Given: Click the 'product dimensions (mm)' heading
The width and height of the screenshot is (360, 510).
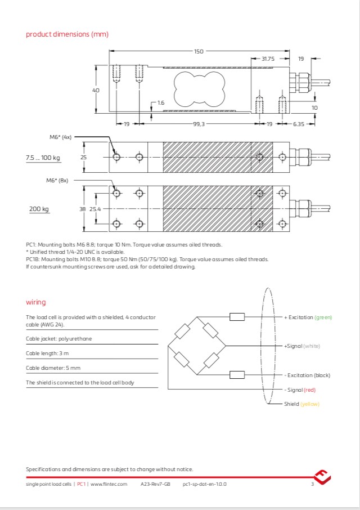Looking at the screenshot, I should coord(67,34).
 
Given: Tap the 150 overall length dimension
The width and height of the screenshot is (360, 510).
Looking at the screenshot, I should coord(199,52).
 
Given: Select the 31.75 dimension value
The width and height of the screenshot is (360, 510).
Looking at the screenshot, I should coord(268,59).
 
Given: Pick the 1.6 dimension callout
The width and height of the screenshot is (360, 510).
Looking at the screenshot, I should coord(161,103).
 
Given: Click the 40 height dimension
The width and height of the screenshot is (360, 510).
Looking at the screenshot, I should coord(96,90).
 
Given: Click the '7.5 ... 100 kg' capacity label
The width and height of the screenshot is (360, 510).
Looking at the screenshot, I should coord(43,158).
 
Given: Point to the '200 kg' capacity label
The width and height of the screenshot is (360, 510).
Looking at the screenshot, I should coord(39,209).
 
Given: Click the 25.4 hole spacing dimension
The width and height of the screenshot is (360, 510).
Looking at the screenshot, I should coord(95,209).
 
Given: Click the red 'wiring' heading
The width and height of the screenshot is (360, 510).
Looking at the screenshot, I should coord(36,302).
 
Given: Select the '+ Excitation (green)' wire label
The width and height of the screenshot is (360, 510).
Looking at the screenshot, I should coord(308,317).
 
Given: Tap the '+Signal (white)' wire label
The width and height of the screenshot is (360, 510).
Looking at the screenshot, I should coord(301,346).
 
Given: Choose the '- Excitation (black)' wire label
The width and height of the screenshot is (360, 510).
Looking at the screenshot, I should coord(307,375).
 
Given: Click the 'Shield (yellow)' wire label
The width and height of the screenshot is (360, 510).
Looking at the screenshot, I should coord(301,404).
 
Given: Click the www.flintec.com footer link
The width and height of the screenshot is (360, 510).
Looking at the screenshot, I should coord(109,484).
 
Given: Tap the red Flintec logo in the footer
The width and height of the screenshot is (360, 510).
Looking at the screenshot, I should coord(322,478).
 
